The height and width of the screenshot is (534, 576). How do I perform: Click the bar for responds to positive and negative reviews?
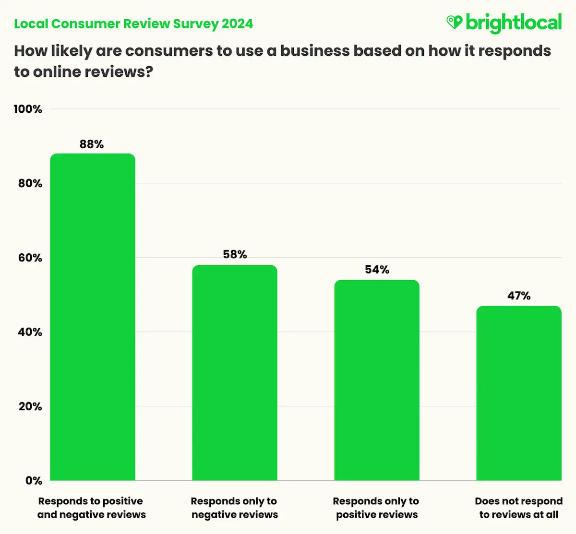(93, 317)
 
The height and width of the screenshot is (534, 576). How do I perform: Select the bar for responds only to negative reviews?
(235, 372)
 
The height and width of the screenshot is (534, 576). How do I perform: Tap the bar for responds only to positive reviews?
(377, 380)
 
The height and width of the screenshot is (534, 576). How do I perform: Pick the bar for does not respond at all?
(519, 393)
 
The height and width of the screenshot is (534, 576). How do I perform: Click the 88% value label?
(92, 144)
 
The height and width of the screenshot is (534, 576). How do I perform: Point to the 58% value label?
(235, 255)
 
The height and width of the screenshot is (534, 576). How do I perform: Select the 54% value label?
(377, 270)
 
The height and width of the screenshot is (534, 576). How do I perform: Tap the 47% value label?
(519, 296)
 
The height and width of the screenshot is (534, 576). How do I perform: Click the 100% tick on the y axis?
(28, 109)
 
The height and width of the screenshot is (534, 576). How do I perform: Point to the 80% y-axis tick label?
(30, 184)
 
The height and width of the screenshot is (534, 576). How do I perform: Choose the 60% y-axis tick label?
(30, 258)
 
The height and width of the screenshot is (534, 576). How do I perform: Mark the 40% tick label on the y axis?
(30, 332)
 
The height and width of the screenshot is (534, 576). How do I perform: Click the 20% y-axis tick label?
(30, 407)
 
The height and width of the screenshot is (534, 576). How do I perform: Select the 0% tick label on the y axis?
(34, 481)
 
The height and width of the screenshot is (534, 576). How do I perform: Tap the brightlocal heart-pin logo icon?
(454, 22)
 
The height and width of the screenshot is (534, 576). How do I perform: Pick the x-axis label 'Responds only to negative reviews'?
(234, 508)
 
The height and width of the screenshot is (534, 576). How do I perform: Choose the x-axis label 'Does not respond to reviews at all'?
(519, 508)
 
